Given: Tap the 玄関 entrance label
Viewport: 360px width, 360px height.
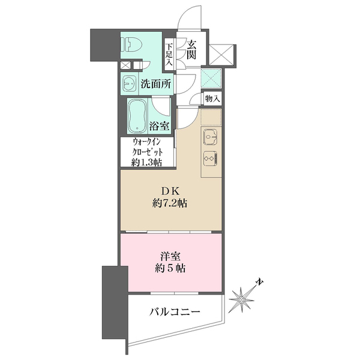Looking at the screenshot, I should (191, 49).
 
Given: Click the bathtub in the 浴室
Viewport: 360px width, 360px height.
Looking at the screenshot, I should (138, 116).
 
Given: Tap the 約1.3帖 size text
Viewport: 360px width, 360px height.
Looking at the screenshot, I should (148, 163).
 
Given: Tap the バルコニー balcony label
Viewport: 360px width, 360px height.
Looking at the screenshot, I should (173, 313).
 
